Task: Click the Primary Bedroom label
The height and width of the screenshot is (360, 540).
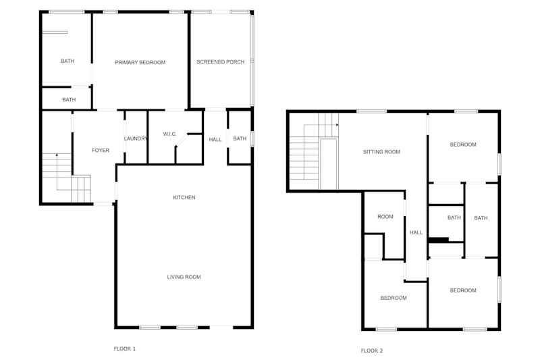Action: coord(140,62)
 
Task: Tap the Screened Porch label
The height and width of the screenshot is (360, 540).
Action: coord(221,62)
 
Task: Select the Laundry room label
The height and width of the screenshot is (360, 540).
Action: coord(136,138)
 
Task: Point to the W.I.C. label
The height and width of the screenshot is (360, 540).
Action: coord(169,134)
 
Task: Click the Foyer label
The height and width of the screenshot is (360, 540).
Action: coord(100,150)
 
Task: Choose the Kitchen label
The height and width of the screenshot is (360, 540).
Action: coord(184,197)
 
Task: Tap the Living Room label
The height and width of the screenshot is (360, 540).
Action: coord(184,277)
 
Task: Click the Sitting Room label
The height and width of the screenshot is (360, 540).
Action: coord(381,151)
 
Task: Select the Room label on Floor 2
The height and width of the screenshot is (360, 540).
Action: coord(385,217)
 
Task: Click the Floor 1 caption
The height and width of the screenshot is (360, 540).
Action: coord(125,349)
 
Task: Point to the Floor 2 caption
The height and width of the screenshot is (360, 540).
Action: coord(372,351)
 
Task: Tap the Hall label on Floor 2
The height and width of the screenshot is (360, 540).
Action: coord(416,232)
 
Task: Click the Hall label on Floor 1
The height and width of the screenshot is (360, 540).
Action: coord(215,140)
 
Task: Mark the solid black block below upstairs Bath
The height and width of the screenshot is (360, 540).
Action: coord(438,240)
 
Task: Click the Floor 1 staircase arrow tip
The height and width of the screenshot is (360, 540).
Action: coord(57,155)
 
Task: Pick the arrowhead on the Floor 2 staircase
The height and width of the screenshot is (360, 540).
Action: coord(337,125)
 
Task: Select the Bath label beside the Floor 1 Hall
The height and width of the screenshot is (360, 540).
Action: coord(240,138)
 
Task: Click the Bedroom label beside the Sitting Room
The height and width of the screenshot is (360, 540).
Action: coord(463,145)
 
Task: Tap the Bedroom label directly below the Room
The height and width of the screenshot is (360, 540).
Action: coord(394,298)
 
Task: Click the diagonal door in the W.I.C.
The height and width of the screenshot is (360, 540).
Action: coord(181,140)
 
